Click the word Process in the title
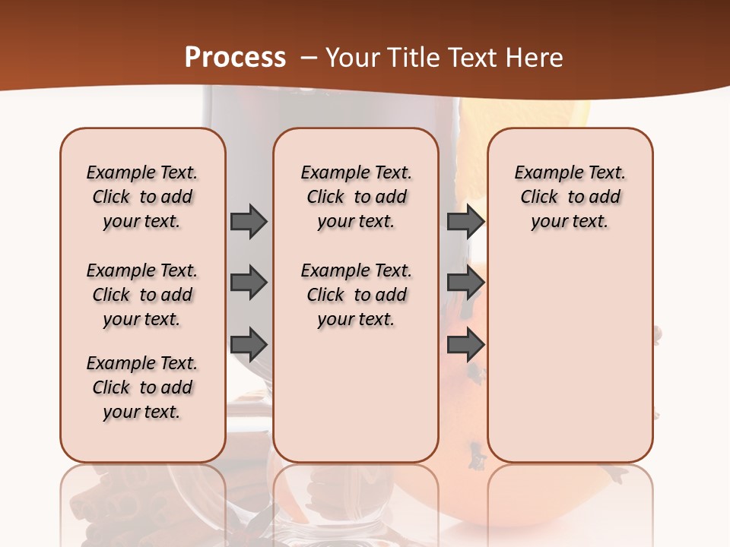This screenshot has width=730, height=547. (x=235, y=58)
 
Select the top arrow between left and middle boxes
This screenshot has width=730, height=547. (x=249, y=221)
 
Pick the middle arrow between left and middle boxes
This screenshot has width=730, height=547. (x=249, y=283)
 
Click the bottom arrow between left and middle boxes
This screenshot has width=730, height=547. (x=249, y=346)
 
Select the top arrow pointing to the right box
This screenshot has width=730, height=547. (x=465, y=221)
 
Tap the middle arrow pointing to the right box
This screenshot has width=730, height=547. (x=465, y=283)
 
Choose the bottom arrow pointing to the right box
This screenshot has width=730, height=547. (x=465, y=346)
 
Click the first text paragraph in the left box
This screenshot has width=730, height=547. (x=142, y=197)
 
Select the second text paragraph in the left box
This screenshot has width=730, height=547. (x=142, y=295)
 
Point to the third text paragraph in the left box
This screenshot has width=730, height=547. (x=142, y=387)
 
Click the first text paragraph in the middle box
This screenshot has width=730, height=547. (x=357, y=197)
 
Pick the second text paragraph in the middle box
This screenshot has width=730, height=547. (x=357, y=295)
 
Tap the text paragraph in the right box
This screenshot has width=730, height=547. (x=570, y=197)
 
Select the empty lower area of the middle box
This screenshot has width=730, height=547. (x=356, y=395)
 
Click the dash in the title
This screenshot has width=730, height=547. (x=309, y=58)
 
